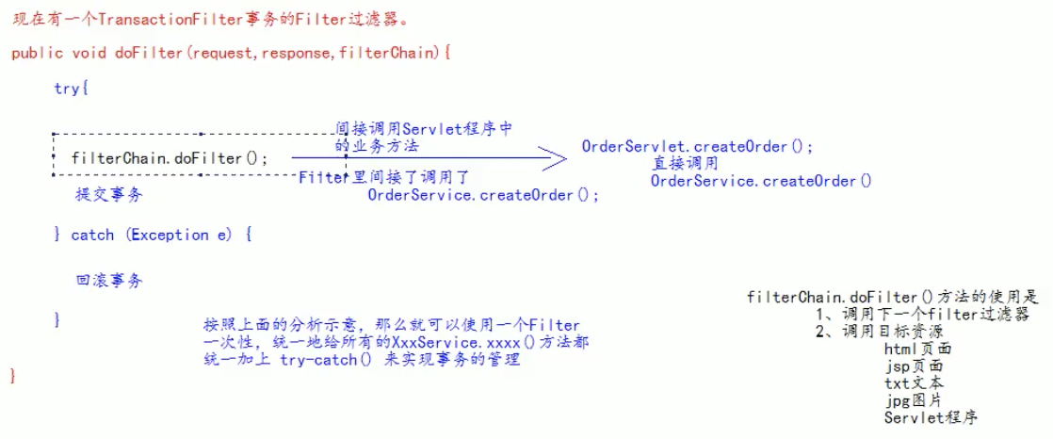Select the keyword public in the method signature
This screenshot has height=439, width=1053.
click(36, 53)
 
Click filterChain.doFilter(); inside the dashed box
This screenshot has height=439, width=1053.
click(170, 157)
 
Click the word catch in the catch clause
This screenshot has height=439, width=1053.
click(92, 235)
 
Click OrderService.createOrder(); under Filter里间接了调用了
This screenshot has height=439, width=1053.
click(482, 195)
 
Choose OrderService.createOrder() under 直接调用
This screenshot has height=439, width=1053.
click(761, 180)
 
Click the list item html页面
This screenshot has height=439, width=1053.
click(917, 349)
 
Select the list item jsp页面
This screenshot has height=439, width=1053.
click(913, 366)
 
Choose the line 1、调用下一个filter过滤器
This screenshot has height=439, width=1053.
click(921, 315)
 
